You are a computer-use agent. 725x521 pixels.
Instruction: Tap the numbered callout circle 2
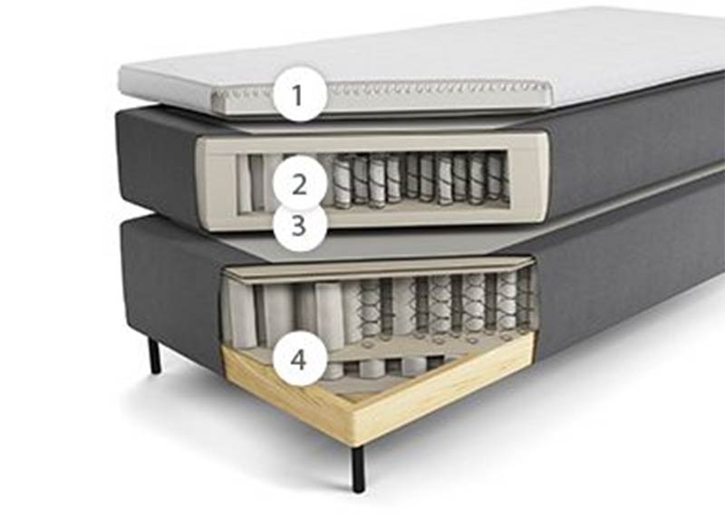coord(300,183)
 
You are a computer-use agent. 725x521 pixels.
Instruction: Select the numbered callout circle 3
coord(300,226)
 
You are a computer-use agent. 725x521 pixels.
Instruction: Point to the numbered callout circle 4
coord(300,359)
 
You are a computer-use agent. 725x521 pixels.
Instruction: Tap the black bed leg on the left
coord(155,355)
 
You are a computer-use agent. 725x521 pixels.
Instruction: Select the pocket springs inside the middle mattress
coord(416,181)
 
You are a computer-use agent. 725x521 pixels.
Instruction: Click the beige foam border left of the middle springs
coord(218,181)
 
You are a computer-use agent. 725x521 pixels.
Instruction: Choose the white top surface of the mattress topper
coord(440,51)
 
